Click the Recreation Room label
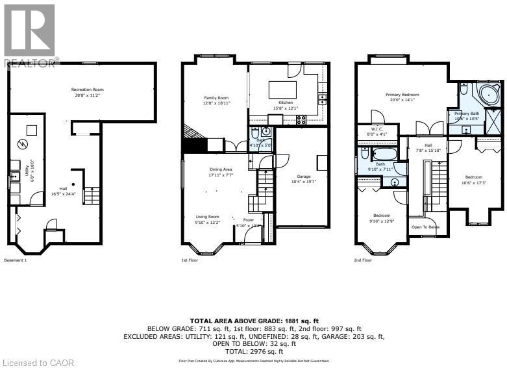(x=88, y=92)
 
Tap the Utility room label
(x=31, y=167)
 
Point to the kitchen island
(x=282, y=89)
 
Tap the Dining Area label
(x=220, y=173)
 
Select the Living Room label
(x=208, y=219)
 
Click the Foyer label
(x=249, y=223)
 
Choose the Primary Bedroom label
(x=404, y=97)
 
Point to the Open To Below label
(x=425, y=227)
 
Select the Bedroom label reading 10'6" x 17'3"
(x=473, y=180)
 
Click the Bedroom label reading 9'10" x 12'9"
(x=382, y=218)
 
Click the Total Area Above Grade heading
(x=253, y=321)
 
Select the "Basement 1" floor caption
(x=16, y=260)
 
